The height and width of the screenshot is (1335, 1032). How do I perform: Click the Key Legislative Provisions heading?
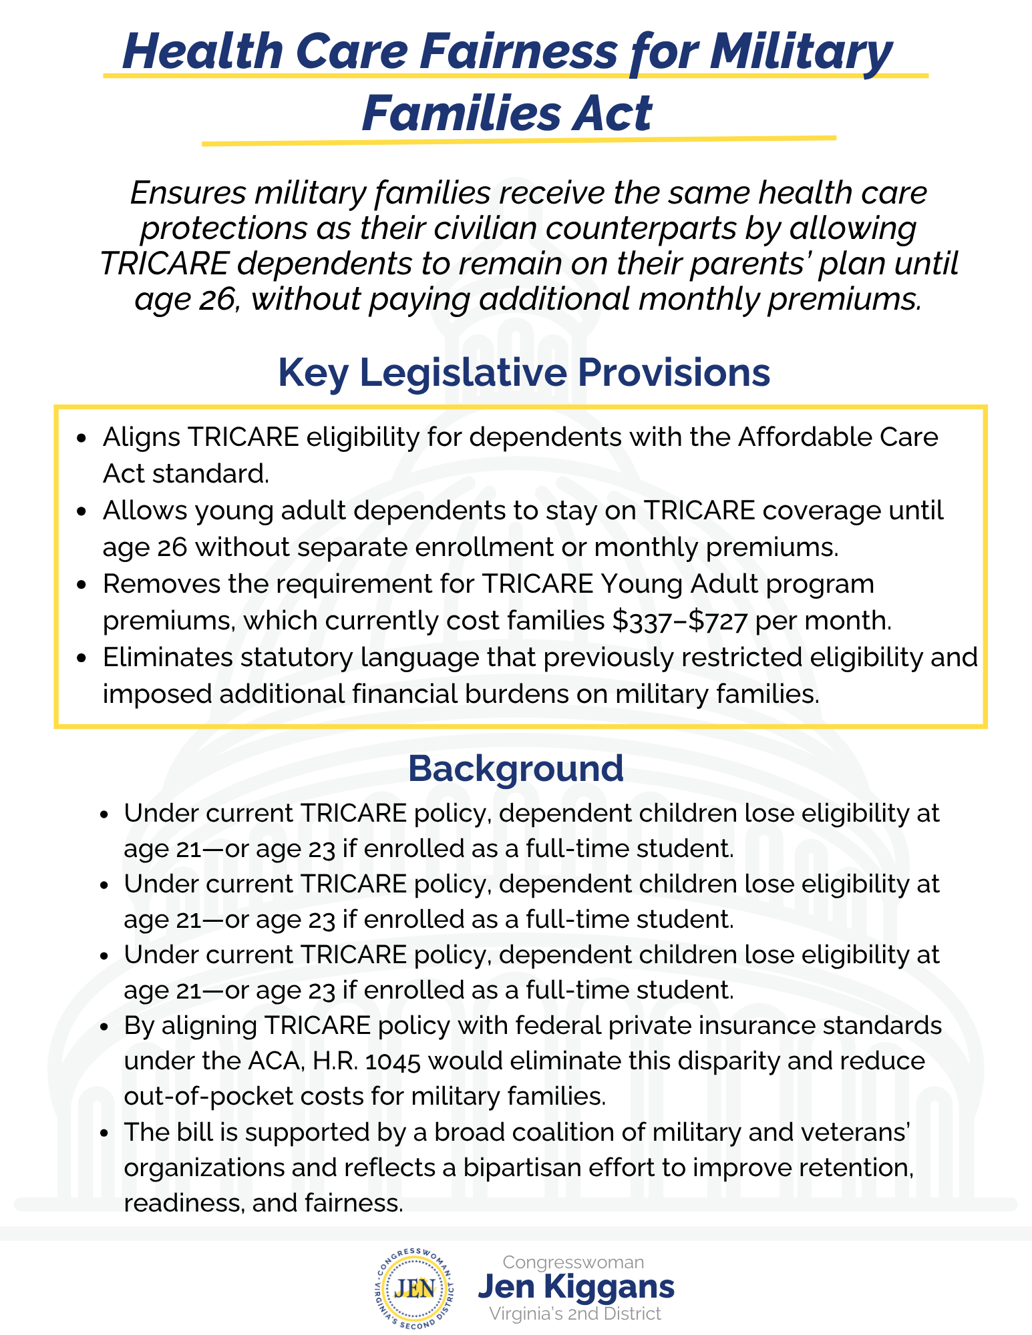(524, 372)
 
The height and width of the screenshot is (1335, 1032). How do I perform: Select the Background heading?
(516, 768)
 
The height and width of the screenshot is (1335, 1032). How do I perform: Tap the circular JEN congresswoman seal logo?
(415, 1288)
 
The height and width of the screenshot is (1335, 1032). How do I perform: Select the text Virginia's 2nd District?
(574, 1314)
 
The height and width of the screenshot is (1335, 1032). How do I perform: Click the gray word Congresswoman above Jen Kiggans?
(573, 1262)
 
